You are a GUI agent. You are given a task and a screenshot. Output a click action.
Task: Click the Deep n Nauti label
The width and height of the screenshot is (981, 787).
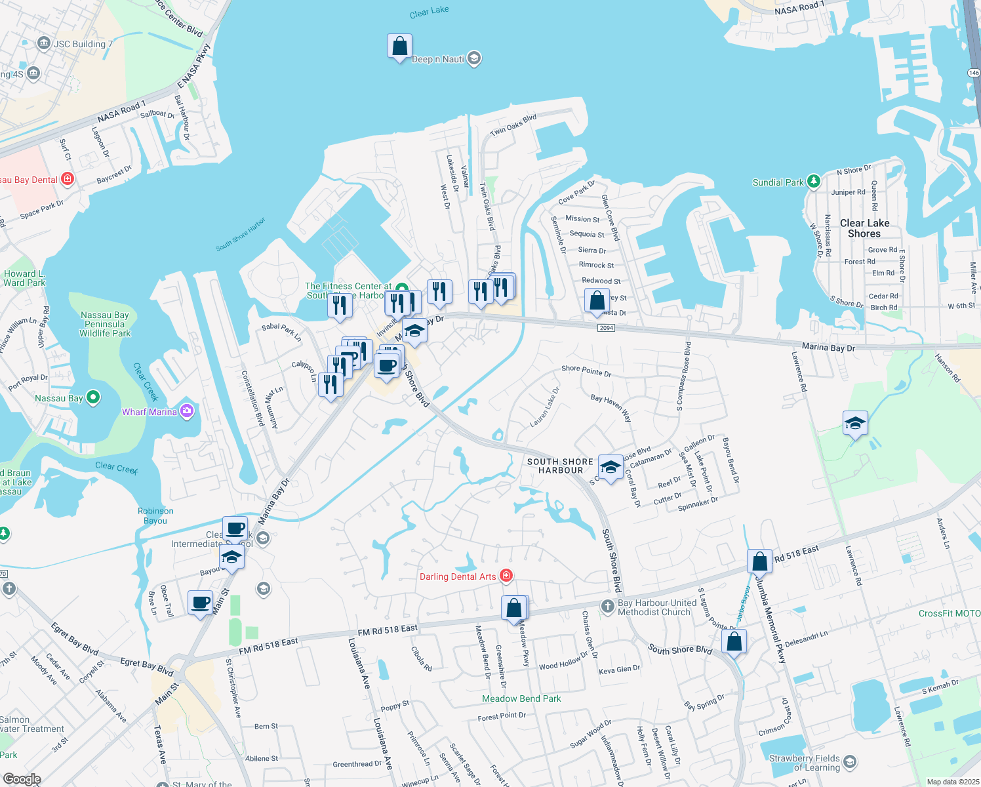(438, 60)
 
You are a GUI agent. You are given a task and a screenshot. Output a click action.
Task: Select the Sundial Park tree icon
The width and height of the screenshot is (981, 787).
(813, 182)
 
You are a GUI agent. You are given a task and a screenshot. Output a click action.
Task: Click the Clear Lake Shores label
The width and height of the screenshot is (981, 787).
(864, 228)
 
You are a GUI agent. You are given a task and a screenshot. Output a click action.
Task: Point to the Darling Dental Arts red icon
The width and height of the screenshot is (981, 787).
(506, 576)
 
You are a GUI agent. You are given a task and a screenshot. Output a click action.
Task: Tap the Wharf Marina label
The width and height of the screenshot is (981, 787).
(150, 412)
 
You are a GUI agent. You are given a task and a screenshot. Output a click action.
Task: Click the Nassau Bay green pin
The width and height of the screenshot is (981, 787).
(92, 397)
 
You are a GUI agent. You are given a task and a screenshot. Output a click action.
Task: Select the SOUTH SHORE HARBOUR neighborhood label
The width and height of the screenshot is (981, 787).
(560, 466)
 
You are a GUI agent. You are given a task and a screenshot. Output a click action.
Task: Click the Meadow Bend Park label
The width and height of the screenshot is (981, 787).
(521, 698)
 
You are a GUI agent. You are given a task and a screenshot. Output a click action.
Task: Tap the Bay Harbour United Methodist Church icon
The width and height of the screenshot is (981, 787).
(607, 607)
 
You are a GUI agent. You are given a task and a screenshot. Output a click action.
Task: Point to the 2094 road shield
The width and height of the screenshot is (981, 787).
(607, 328)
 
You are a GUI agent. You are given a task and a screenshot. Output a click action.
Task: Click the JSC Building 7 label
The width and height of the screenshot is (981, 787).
(83, 44)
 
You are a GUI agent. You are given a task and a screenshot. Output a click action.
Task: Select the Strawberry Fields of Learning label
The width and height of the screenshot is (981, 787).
(804, 763)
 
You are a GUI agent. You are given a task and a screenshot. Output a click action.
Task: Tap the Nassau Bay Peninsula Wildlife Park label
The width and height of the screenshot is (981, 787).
(105, 324)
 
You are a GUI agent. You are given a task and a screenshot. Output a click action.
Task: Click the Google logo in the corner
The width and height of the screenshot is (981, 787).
(22, 779)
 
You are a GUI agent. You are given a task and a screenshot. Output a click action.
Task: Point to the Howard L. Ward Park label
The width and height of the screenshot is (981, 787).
(24, 278)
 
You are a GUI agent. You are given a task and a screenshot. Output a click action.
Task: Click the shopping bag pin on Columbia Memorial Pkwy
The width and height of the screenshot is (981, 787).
(759, 562)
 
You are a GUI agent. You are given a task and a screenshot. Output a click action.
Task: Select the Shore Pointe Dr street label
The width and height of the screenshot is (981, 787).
(586, 371)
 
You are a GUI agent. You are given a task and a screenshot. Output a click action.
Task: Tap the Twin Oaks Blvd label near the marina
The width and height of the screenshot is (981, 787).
(513, 125)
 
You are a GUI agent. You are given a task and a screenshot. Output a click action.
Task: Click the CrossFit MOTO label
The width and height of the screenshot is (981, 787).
(949, 613)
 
